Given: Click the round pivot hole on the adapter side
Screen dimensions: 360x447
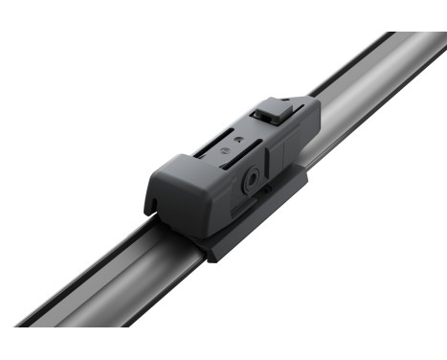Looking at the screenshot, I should pyautogui.click(x=251, y=177).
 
